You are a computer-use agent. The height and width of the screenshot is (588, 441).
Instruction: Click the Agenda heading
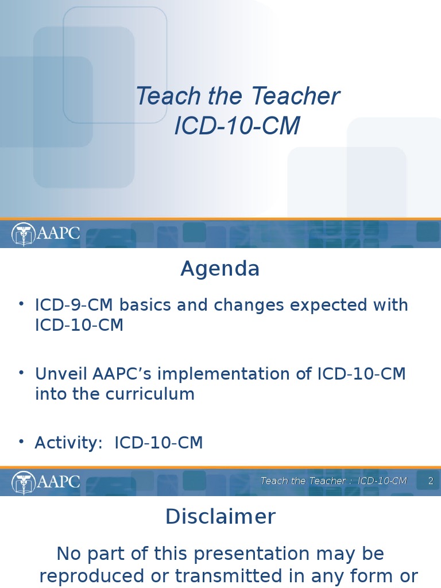tap(220, 269)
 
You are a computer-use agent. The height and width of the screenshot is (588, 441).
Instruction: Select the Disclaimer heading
tap(220, 517)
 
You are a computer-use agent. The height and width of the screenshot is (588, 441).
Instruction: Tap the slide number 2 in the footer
tap(431, 481)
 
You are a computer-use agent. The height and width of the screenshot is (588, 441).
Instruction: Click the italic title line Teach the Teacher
tap(237, 96)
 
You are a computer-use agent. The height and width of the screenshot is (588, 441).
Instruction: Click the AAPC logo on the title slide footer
tap(46, 234)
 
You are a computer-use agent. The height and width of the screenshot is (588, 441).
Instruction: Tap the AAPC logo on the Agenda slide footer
tap(46, 481)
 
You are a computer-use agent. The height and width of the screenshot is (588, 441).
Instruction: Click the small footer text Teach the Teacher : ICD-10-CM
tap(334, 481)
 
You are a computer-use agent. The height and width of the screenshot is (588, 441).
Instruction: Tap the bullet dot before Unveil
tap(21, 373)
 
